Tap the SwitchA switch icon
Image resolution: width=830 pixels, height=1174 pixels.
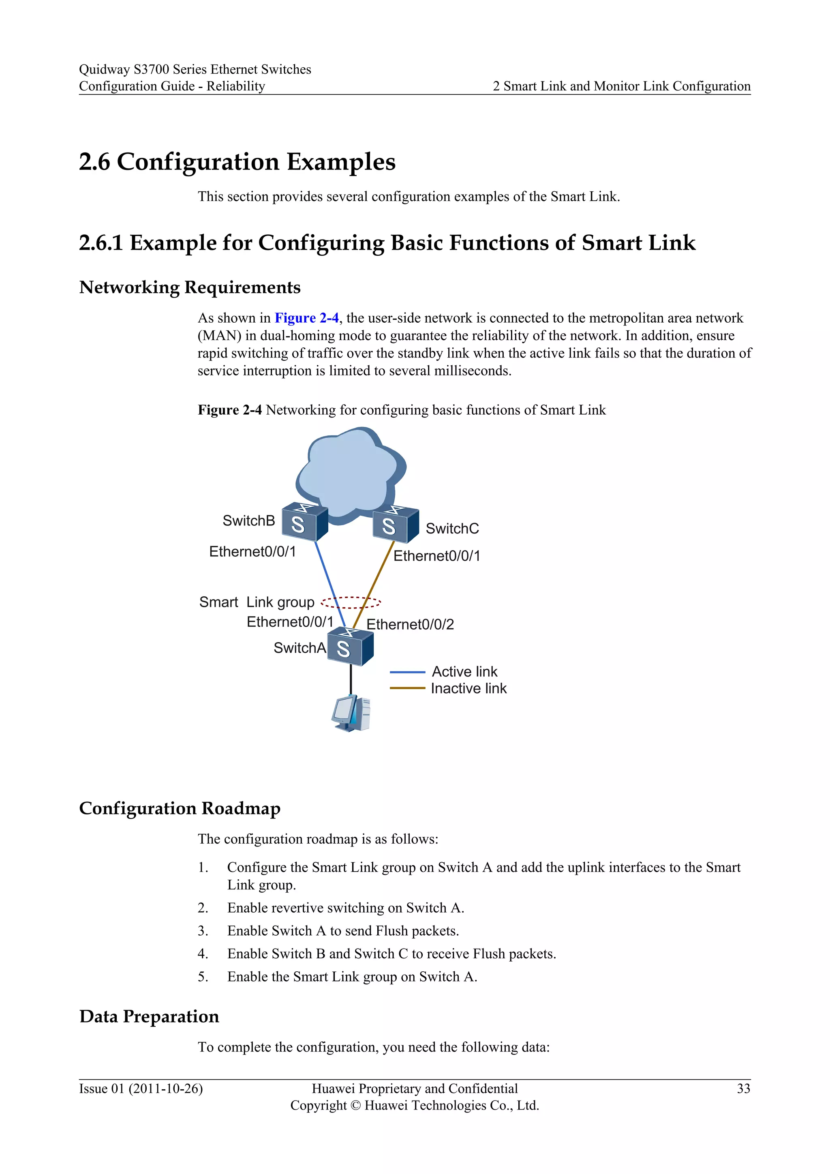tap(350, 647)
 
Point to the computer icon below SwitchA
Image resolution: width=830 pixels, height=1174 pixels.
tap(351, 713)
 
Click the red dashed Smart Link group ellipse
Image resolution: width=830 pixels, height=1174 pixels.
tap(351, 602)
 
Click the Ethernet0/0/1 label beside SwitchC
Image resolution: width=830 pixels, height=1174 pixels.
tap(436, 556)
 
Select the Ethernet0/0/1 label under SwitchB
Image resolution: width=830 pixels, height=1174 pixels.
tap(252, 551)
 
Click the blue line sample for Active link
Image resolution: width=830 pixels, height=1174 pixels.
tap(407, 672)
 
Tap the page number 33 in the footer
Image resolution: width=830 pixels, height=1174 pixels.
tap(743, 1088)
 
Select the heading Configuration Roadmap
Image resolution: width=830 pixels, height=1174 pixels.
tap(180, 808)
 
